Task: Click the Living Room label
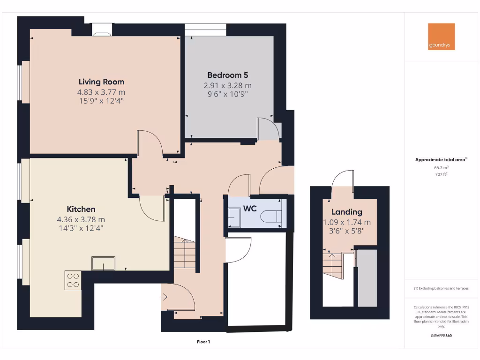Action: pos(101,82)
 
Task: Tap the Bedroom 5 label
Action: pos(227,75)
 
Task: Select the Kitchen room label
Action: pos(81,209)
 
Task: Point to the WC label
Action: pos(250,208)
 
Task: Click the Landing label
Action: pos(347,212)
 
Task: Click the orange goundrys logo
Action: pos(441,37)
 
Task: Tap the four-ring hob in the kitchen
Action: pos(73,280)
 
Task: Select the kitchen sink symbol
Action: pos(103,264)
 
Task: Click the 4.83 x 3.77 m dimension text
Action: pos(101,92)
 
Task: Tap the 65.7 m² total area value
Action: pos(441,167)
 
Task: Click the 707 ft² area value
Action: pos(441,174)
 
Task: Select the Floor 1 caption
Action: pos(203,342)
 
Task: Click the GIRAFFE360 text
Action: pos(441,336)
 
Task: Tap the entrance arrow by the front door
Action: pos(164,296)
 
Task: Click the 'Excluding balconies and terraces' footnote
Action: pos(441,288)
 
